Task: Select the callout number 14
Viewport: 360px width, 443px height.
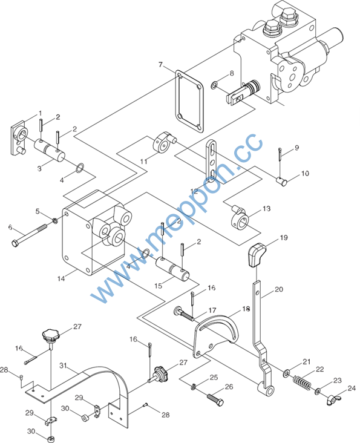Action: click(61, 278)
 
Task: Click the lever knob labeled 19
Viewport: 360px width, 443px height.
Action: click(257, 255)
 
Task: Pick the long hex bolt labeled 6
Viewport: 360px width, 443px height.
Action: click(33, 234)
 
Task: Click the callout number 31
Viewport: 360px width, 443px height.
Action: click(63, 366)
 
